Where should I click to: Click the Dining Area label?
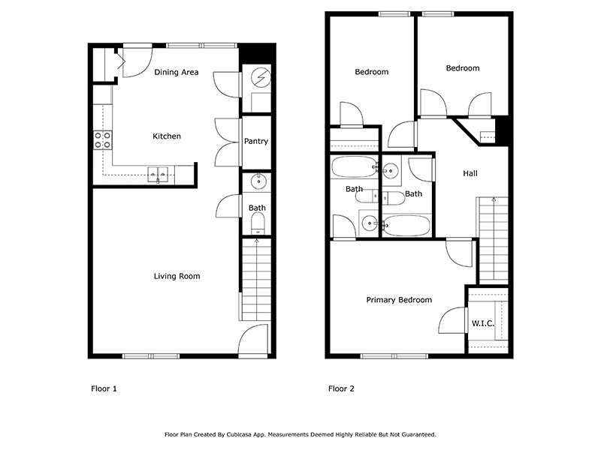pyautogui.click(x=177, y=72)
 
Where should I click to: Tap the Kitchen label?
pyautogui.click(x=167, y=136)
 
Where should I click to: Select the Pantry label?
pyautogui.click(x=256, y=141)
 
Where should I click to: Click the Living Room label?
pyautogui.click(x=177, y=276)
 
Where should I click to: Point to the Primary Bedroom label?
pyautogui.click(x=399, y=300)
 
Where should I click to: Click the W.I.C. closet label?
pyautogui.click(x=482, y=323)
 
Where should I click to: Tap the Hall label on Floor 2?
pyautogui.click(x=470, y=173)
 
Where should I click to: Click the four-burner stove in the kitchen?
pyautogui.click(x=103, y=139)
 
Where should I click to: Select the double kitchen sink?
pyautogui.click(x=158, y=174)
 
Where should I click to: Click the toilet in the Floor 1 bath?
pyautogui.click(x=258, y=223)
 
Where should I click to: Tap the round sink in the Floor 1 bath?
pyautogui.click(x=258, y=181)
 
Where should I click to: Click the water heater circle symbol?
pyautogui.click(x=261, y=78)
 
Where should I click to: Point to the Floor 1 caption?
pyautogui.click(x=104, y=388)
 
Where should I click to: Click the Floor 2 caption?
pyautogui.click(x=341, y=388)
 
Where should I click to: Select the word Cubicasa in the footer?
pyautogui.click(x=239, y=435)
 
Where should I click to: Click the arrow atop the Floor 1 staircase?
pyautogui.click(x=256, y=241)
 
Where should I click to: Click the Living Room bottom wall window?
pyautogui.click(x=151, y=356)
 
